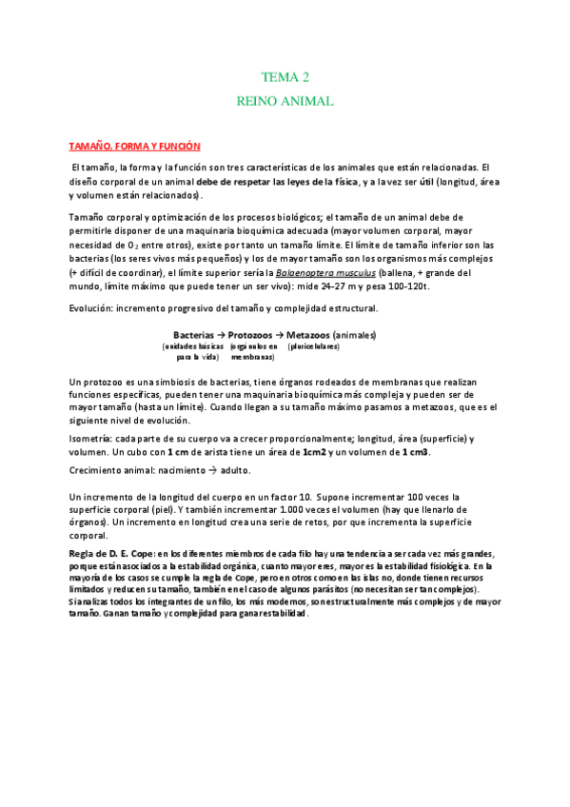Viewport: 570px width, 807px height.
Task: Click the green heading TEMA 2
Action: point(285,77)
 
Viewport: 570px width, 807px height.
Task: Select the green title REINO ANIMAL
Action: point(285,99)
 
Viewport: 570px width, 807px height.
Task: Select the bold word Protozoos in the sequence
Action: point(254,334)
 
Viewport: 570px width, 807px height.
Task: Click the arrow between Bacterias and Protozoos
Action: point(219,334)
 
